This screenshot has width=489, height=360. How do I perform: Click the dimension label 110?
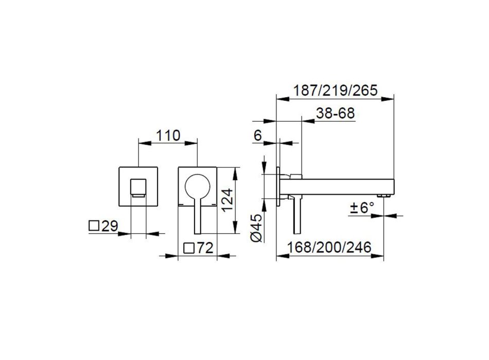168,136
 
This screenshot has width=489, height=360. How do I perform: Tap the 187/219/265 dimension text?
336,91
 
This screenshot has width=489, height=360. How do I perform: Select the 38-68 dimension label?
336,113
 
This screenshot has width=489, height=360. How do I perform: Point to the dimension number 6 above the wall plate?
257,136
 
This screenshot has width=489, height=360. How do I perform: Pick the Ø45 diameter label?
257,228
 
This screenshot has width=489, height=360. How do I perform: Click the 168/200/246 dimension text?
329,247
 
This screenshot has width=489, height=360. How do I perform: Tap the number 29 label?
110,226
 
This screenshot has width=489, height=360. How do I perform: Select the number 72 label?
205,248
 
